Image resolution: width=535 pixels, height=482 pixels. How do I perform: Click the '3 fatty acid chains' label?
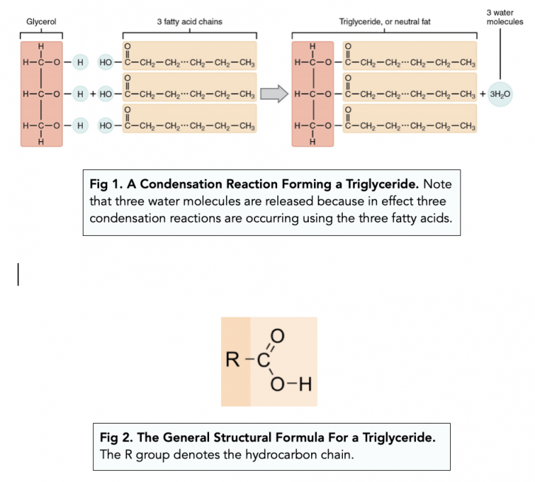point(189,22)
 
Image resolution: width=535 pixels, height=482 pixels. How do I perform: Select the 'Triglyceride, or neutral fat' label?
point(384,22)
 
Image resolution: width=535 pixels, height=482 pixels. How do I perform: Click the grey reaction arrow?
point(273,95)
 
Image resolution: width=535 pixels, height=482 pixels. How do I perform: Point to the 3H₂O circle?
point(500,95)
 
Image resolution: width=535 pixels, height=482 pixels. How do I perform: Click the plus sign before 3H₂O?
point(483,95)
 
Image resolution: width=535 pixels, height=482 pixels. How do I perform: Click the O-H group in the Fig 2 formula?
point(287,384)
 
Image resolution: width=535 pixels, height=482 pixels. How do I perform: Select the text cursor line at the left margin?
point(18,273)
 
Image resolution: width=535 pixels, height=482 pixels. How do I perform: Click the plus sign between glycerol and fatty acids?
point(94,95)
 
